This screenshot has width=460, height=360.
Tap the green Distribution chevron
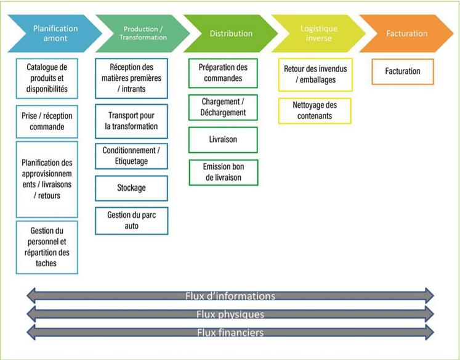click(x=231, y=33)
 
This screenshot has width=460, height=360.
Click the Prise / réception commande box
click(x=47, y=121)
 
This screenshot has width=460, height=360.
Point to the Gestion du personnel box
click(x=47, y=247)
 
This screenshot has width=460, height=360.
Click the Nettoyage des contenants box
click(x=315, y=111)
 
